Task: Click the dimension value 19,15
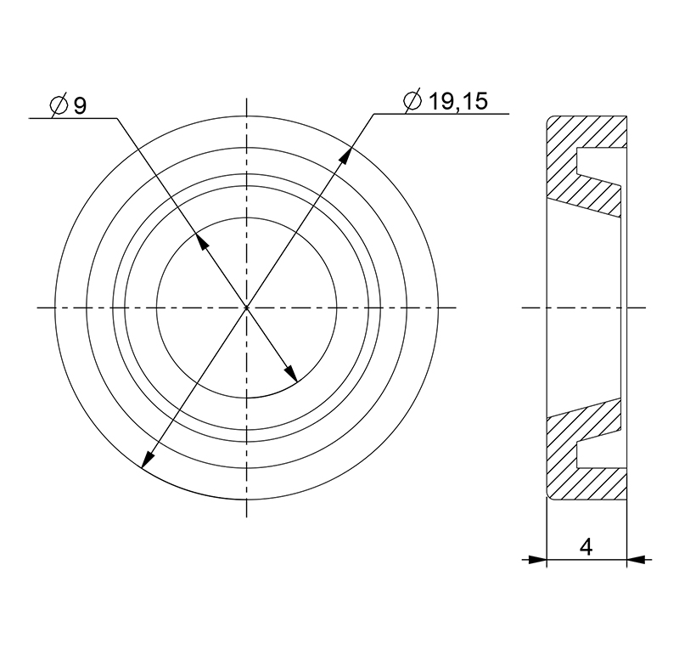(457, 102)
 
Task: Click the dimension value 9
(80, 106)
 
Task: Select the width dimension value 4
(586, 546)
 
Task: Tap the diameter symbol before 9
(59, 106)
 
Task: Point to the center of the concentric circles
(247, 307)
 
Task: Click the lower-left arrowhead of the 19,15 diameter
(146, 460)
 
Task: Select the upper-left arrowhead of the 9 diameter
(200, 240)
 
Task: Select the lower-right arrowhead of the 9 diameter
(290, 375)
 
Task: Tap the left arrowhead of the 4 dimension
(537, 559)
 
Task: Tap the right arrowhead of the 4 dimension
(636, 559)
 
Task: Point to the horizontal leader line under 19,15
(441, 113)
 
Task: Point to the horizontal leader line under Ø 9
(72, 118)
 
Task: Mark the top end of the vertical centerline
(247, 100)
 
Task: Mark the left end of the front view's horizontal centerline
(39, 307)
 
